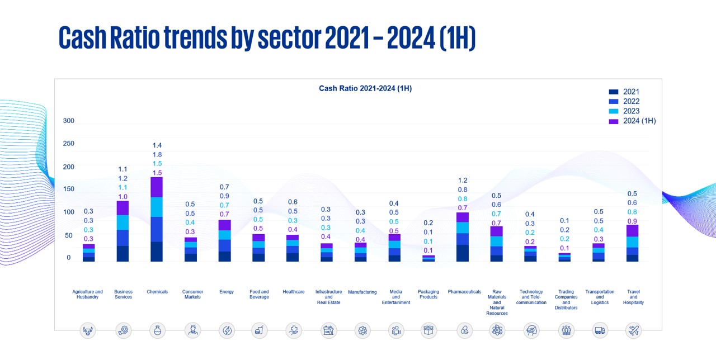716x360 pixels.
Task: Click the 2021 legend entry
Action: coord(630,92)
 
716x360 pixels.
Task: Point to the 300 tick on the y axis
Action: coord(68,121)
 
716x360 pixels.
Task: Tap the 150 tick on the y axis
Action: coord(68,189)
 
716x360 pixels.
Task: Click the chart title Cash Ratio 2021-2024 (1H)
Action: coord(365,88)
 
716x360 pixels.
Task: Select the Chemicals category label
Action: coord(157,292)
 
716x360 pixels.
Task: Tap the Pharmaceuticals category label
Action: coord(464,292)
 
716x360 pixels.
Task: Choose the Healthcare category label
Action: coord(294,292)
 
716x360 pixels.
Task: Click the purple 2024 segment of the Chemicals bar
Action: coord(157,187)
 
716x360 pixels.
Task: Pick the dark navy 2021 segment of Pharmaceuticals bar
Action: coord(463,253)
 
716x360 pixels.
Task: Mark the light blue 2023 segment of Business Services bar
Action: coord(123,222)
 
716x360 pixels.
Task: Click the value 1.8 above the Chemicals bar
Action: coord(157,154)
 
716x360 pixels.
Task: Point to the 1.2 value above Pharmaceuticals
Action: coord(463,181)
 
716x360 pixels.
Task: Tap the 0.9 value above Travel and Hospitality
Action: coord(632,221)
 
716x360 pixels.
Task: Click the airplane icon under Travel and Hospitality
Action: coord(633,330)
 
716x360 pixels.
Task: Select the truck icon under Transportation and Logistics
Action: coord(600,330)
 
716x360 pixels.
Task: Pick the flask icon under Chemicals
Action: coord(157,330)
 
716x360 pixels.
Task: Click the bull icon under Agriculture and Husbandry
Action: coord(88,330)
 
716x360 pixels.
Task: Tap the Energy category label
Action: coord(227,292)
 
